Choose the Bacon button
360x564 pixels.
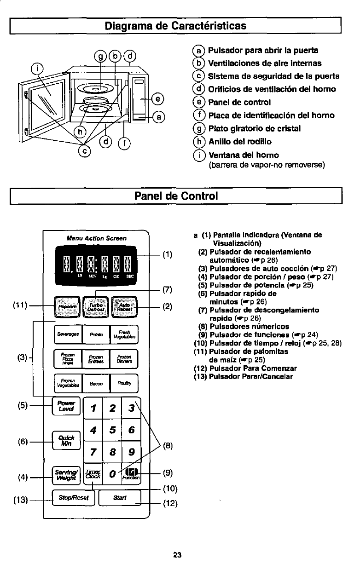tap(96, 382)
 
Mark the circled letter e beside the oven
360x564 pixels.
tap(158, 98)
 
